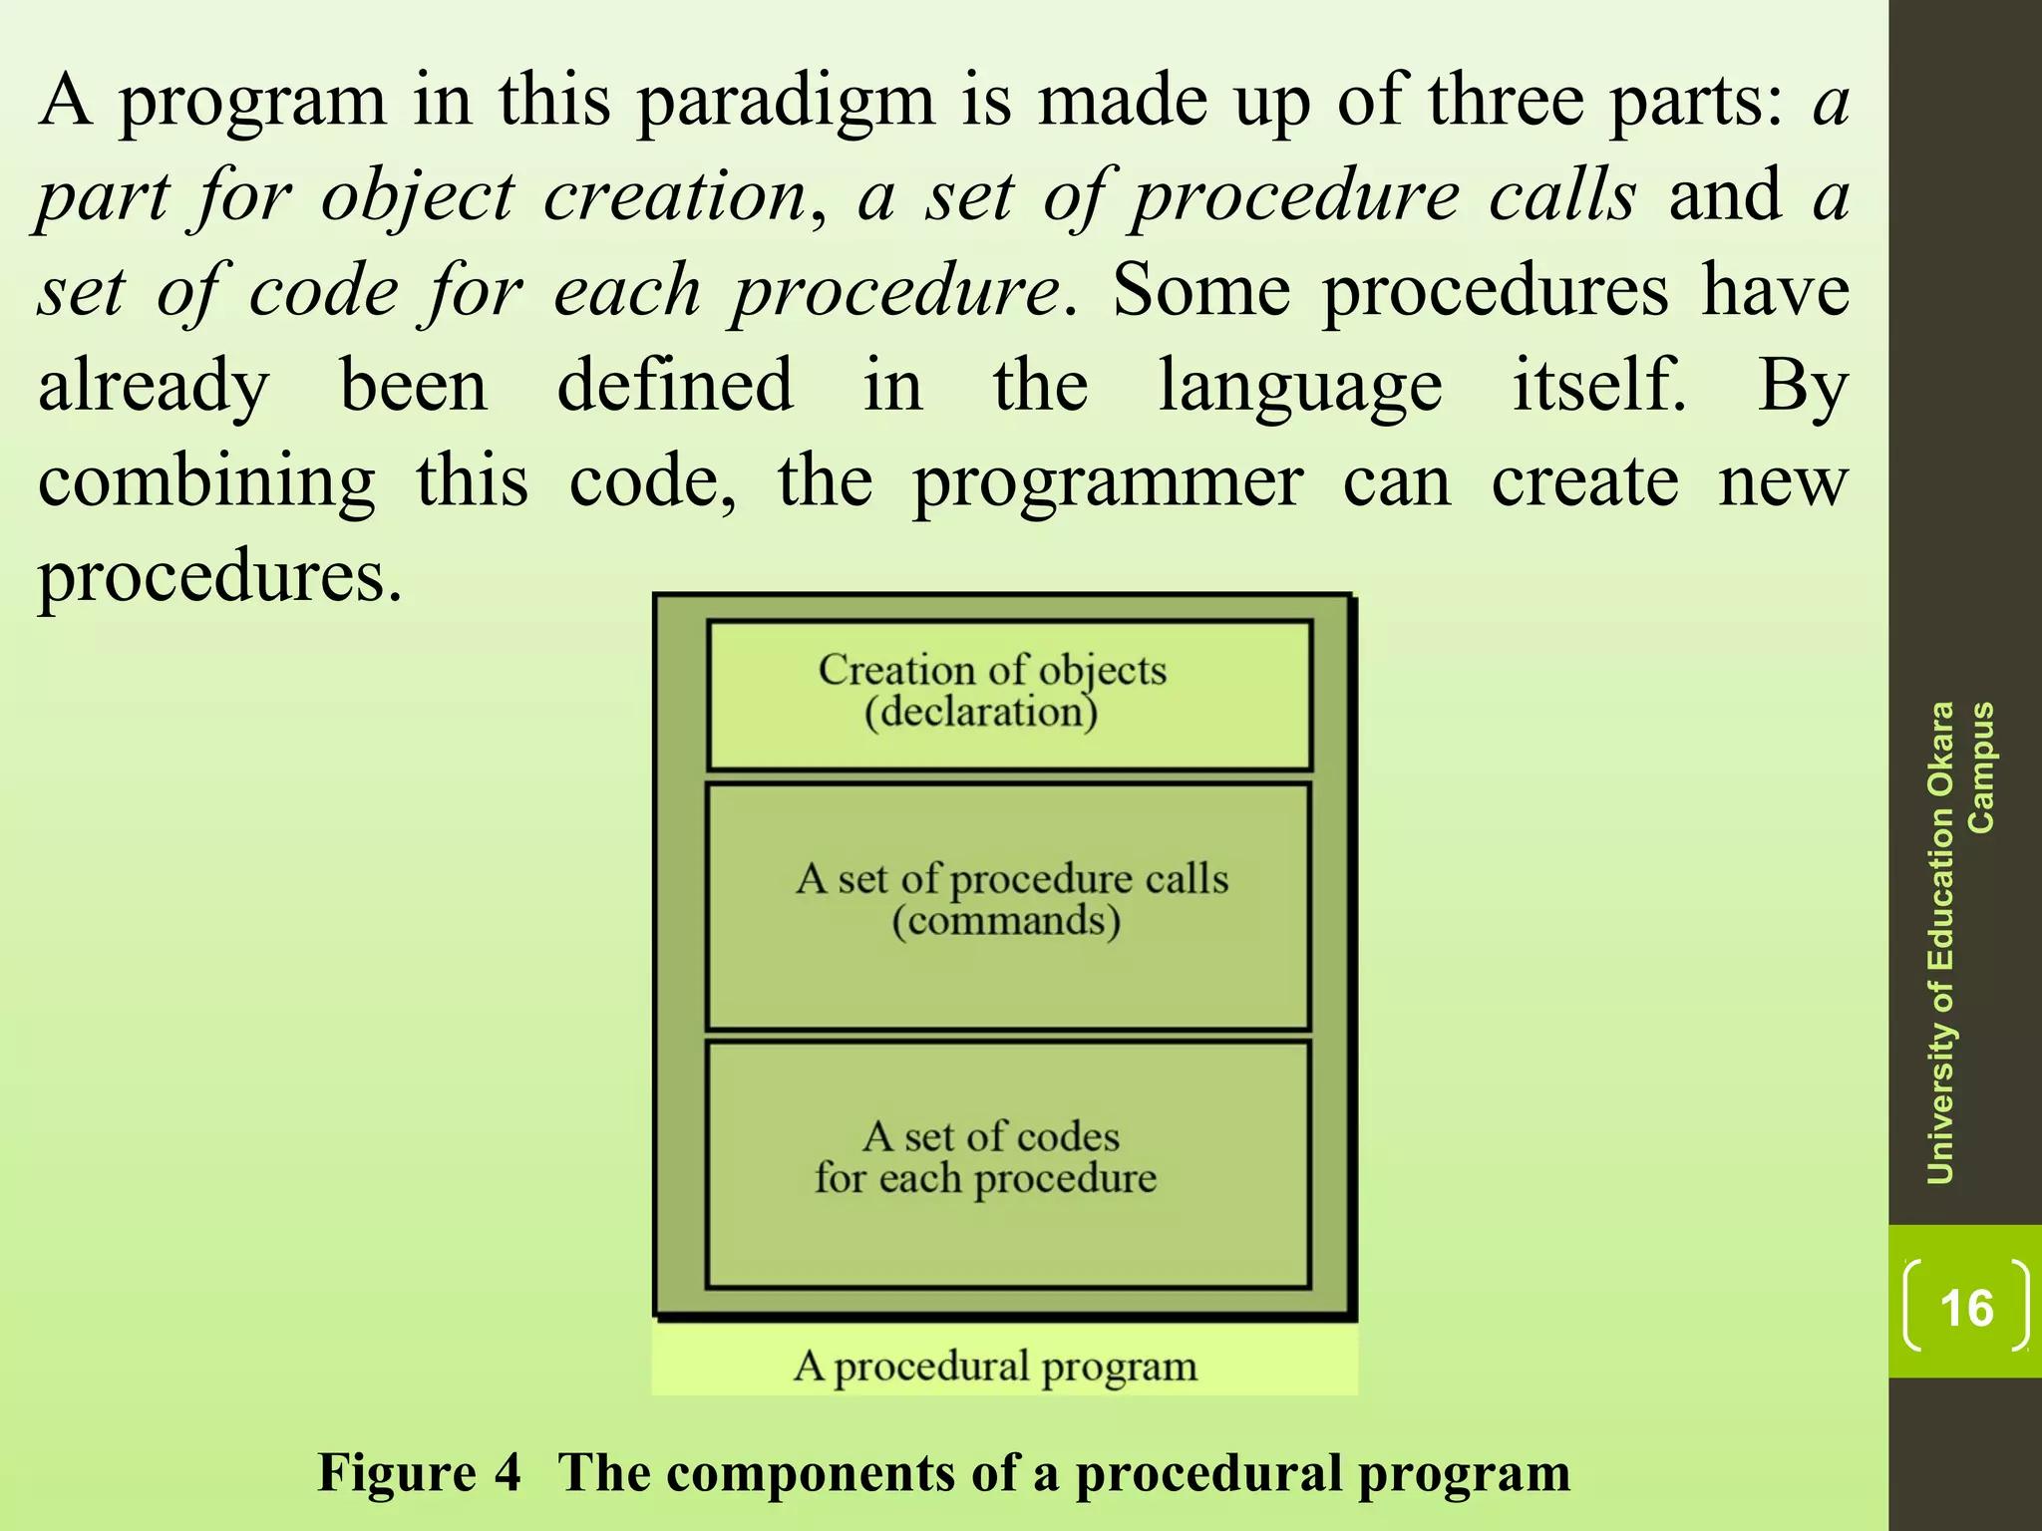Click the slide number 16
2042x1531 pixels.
pyautogui.click(x=1966, y=1308)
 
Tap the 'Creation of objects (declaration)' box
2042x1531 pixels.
pyautogui.click(x=1009, y=695)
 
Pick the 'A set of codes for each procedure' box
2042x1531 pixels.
pyautogui.click(x=1007, y=1164)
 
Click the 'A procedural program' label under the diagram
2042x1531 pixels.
pyautogui.click(x=995, y=1367)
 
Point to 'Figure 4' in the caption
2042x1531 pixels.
pyautogui.click(x=419, y=1473)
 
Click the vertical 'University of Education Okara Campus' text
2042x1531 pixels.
pyautogui.click(x=1958, y=943)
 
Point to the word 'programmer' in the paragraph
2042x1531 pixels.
pyautogui.click(x=1108, y=483)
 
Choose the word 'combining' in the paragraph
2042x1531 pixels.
pyautogui.click(x=206, y=483)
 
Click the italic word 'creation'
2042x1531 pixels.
pyautogui.click(x=675, y=196)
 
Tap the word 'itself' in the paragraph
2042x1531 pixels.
pyautogui.click(x=1598, y=386)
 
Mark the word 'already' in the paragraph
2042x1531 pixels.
pyautogui.click(x=154, y=388)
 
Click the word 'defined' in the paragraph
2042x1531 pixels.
pyautogui.click(x=675, y=386)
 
